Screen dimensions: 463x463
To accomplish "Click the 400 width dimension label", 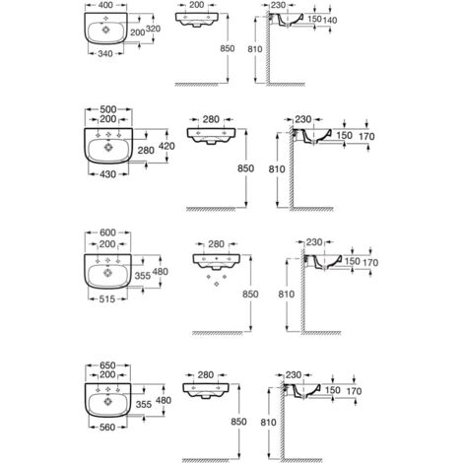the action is point(105,5).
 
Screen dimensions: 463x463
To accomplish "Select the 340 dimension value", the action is point(105,53).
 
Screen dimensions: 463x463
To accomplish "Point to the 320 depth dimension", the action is point(153,29).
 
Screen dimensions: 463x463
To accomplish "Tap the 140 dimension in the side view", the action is point(330,21).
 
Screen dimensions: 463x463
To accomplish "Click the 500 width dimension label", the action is point(108,109).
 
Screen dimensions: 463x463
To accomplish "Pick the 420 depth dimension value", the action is point(166,146).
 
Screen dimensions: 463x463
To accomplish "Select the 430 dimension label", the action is point(108,174).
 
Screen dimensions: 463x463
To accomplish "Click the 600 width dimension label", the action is point(107,232).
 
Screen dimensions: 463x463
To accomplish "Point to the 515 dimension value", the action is point(107,298).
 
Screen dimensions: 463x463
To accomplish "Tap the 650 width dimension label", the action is point(107,365).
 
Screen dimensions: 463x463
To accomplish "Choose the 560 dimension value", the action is point(107,428).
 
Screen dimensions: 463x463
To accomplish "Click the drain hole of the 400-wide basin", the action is point(105,30).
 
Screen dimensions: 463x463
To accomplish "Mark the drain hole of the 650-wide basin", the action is point(107,401).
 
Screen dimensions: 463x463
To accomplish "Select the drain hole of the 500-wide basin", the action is point(108,148).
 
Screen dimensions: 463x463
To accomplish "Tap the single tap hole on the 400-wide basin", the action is point(105,18).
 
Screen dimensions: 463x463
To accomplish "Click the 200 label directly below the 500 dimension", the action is point(108,119).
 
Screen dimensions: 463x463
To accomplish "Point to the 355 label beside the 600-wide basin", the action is point(143,276).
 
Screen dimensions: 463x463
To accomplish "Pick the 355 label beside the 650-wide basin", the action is point(144,404).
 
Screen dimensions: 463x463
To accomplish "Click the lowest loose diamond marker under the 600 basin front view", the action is point(217,284).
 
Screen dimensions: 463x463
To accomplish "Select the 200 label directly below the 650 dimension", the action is point(107,374).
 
